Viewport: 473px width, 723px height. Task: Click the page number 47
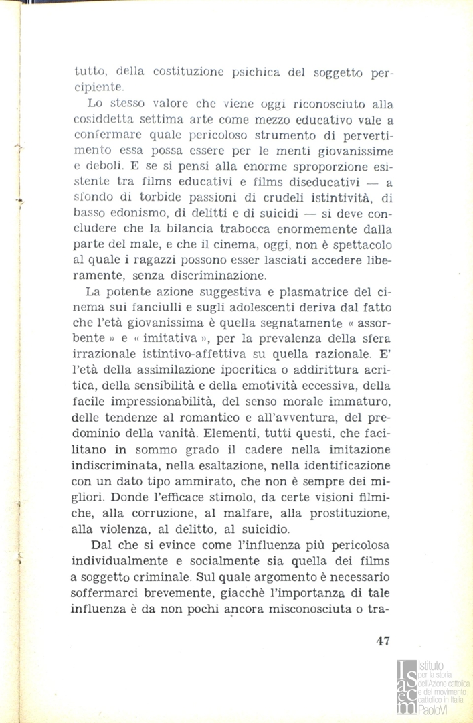(383, 640)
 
